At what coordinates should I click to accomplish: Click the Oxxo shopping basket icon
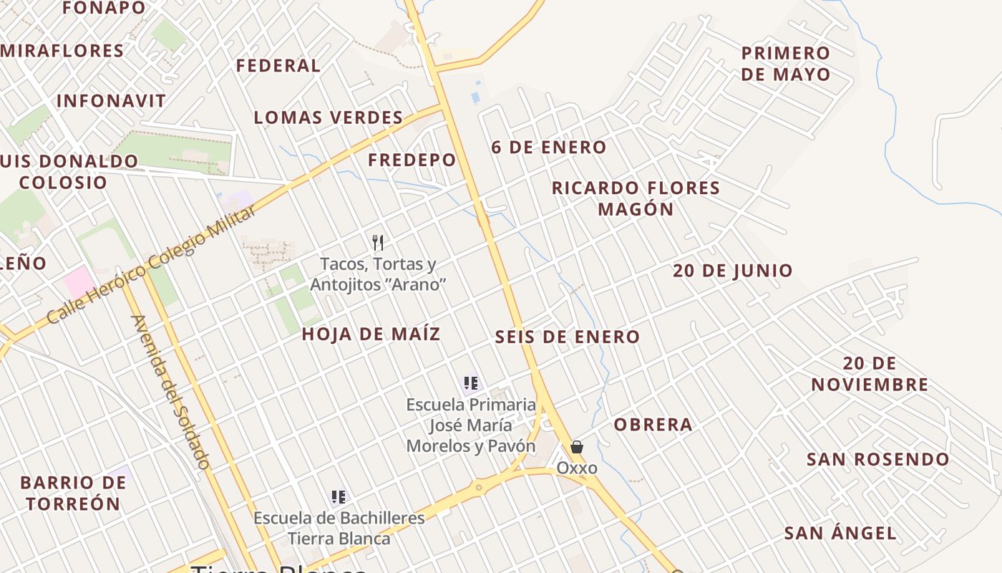576,447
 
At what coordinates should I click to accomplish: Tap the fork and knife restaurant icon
378,243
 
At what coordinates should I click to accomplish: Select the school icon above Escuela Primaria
470,383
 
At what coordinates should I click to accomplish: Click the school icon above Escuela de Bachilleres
339,497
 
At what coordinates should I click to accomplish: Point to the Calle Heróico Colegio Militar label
151,264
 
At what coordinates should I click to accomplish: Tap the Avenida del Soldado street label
171,393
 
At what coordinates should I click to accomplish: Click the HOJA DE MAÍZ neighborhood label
371,334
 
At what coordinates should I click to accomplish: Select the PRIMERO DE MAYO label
786,64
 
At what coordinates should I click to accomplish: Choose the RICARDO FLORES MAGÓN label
636,198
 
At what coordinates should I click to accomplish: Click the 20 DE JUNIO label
733,271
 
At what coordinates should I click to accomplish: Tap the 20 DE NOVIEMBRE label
870,374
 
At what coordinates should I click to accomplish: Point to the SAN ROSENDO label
878,459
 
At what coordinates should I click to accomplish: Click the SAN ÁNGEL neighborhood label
840,533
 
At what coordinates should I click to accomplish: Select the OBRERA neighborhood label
653,425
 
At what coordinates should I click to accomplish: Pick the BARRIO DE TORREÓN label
73,493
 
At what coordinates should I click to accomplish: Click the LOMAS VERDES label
329,117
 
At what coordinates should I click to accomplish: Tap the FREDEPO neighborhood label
412,160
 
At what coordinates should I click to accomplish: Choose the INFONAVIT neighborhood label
111,101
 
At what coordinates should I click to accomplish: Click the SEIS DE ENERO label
568,337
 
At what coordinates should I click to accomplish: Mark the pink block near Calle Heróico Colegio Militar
78,281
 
